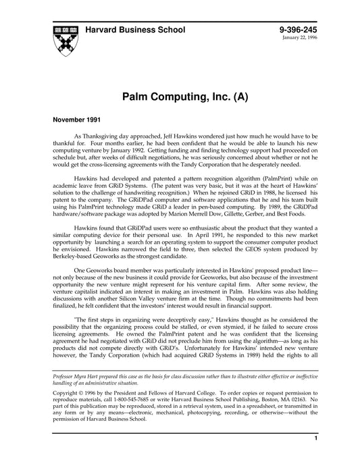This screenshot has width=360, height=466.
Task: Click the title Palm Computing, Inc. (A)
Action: coord(180,97)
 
